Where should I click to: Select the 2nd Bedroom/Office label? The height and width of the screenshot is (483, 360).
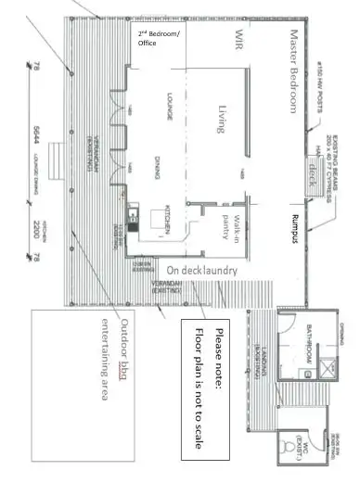[155, 44]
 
